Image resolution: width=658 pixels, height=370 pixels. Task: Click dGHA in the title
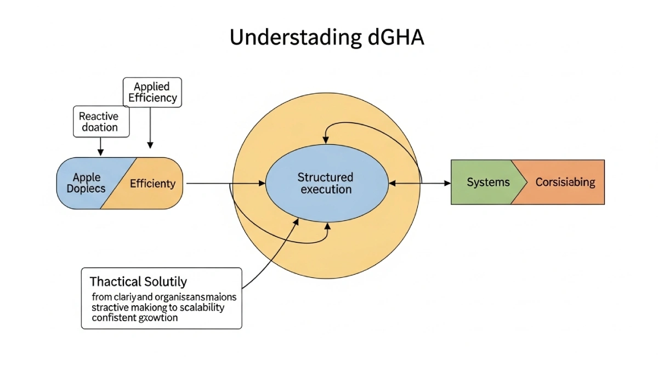click(x=394, y=37)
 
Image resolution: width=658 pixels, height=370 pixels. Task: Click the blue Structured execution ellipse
click(x=325, y=183)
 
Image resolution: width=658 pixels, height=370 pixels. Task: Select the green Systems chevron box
click(x=485, y=183)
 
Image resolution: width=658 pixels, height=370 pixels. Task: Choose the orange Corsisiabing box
click(x=565, y=183)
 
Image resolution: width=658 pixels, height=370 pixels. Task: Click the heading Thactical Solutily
click(x=138, y=282)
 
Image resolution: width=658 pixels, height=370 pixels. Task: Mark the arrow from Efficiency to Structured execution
click(x=225, y=183)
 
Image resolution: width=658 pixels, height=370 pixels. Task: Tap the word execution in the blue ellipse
click(x=326, y=190)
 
